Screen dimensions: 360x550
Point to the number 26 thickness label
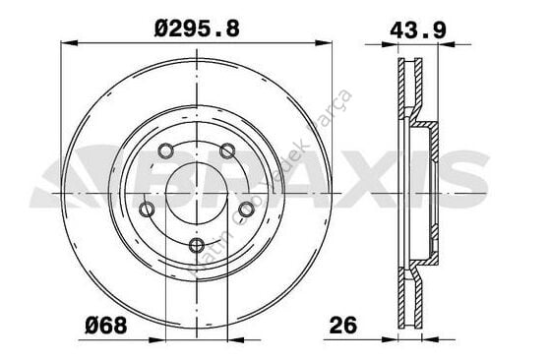[342, 325]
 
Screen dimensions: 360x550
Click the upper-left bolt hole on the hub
[165, 151]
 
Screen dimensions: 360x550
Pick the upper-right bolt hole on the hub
[227, 150]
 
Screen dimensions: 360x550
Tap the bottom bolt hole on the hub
[197, 245]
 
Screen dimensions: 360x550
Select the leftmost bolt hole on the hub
[147, 210]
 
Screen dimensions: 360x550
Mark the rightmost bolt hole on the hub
[246, 209]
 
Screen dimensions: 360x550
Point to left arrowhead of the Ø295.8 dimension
[66, 42]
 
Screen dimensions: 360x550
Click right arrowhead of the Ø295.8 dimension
[327, 42]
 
